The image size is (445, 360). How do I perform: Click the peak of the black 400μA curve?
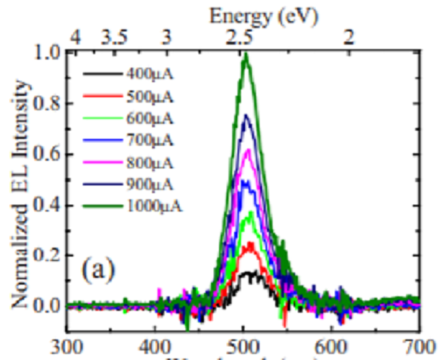pos(249,272)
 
